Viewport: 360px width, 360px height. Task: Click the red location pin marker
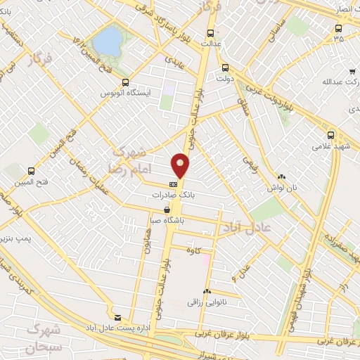click(181, 165)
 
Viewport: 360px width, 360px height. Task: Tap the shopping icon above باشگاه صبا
click(167, 210)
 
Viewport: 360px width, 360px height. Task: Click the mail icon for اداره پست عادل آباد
click(117, 318)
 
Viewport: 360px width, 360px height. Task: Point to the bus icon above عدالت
click(210, 33)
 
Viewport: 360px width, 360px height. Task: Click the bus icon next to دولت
click(225, 68)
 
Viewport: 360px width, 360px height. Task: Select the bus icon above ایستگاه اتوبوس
click(105, 82)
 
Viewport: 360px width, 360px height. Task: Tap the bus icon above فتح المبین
click(31, 171)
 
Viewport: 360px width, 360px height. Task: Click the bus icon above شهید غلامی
click(331, 136)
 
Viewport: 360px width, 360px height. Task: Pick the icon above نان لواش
click(281, 177)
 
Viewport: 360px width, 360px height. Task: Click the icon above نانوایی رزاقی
click(206, 291)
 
